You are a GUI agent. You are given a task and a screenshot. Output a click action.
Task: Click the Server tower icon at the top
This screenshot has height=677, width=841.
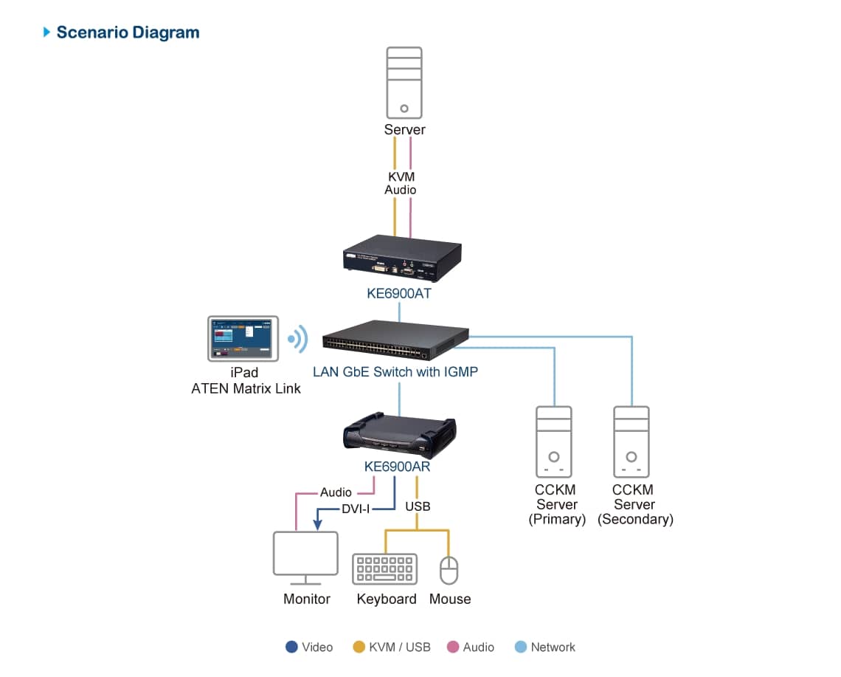pos(404,82)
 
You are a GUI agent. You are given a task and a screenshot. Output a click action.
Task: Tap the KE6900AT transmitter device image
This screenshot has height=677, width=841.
pos(401,258)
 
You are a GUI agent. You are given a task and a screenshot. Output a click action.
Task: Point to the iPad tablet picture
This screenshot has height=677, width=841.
pos(243,338)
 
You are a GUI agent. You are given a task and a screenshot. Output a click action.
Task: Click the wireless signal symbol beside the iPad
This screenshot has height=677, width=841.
pos(297,339)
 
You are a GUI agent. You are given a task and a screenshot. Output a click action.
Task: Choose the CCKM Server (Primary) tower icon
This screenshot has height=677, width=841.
pos(553,441)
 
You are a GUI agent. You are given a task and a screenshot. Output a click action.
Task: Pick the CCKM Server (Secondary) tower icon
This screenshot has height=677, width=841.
pos(631,441)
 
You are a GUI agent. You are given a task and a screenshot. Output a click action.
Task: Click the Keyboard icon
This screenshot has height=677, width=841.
pos(385,569)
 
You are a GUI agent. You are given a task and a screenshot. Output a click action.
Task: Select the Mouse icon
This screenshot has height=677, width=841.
pos(449,571)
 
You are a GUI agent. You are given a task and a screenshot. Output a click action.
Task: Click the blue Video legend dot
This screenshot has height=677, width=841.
pos(291,647)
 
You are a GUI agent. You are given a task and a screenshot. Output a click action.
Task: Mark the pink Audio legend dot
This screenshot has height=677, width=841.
pos(453,647)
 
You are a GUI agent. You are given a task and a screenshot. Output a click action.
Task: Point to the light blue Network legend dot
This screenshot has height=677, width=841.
pos(521,647)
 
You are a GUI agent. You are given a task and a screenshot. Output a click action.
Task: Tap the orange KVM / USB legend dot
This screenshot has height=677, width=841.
pos(359,647)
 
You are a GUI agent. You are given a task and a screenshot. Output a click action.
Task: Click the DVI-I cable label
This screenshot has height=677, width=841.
pos(356,509)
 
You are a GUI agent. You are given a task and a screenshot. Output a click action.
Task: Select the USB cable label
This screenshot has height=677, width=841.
pos(418,506)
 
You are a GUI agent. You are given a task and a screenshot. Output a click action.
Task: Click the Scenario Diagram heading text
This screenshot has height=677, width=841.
pos(128,32)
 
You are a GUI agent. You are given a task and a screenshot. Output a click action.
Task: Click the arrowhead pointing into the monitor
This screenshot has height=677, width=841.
pos(316,525)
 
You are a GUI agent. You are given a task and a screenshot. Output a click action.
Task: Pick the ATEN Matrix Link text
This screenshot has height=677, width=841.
pos(246,388)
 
